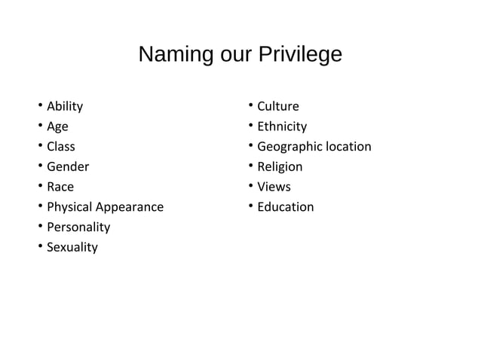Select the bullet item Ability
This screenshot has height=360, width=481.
point(65,106)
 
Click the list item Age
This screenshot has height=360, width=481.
point(57,127)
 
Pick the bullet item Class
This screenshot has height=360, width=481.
point(61,146)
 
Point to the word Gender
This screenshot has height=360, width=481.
point(68,166)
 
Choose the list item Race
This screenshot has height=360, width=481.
point(60,187)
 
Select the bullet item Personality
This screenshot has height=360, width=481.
point(78,227)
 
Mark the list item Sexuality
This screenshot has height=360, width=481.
point(72,247)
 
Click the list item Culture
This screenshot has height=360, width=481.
point(278,106)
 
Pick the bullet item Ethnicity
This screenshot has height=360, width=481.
point(282,127)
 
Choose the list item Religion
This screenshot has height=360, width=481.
point(280,166)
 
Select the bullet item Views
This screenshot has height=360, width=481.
point(274,187)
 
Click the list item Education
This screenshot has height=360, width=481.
point(286,206)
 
